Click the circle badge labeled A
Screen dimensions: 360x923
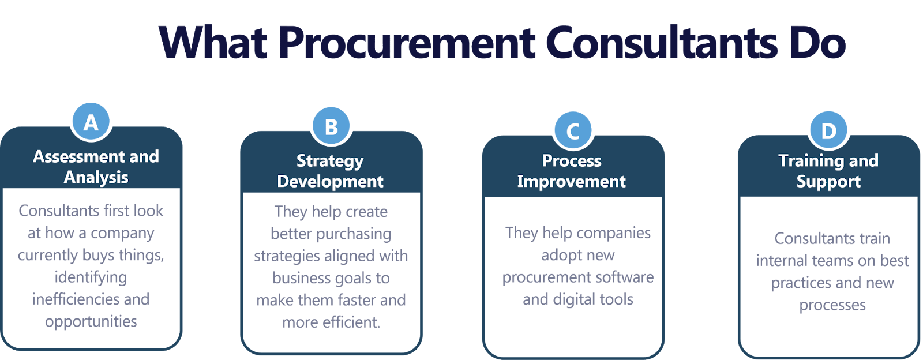click(91, 122)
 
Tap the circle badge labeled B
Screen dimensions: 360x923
click(331, 126)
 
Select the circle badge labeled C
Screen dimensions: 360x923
click(573, 131)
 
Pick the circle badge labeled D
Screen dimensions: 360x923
click(828, 130)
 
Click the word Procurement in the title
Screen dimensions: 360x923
click(407, 43)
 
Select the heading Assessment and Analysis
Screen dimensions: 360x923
click(96, 167)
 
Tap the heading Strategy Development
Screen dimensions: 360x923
click(330, 171)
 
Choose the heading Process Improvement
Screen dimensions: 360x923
click(572, 171)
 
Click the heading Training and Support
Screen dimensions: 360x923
click(828, 171)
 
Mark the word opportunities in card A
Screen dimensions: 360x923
click(91, 321)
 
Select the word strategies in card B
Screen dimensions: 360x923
click(287, 256)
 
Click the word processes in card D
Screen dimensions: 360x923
click(832, 305)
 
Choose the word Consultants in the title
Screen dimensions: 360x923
click(661, 43)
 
